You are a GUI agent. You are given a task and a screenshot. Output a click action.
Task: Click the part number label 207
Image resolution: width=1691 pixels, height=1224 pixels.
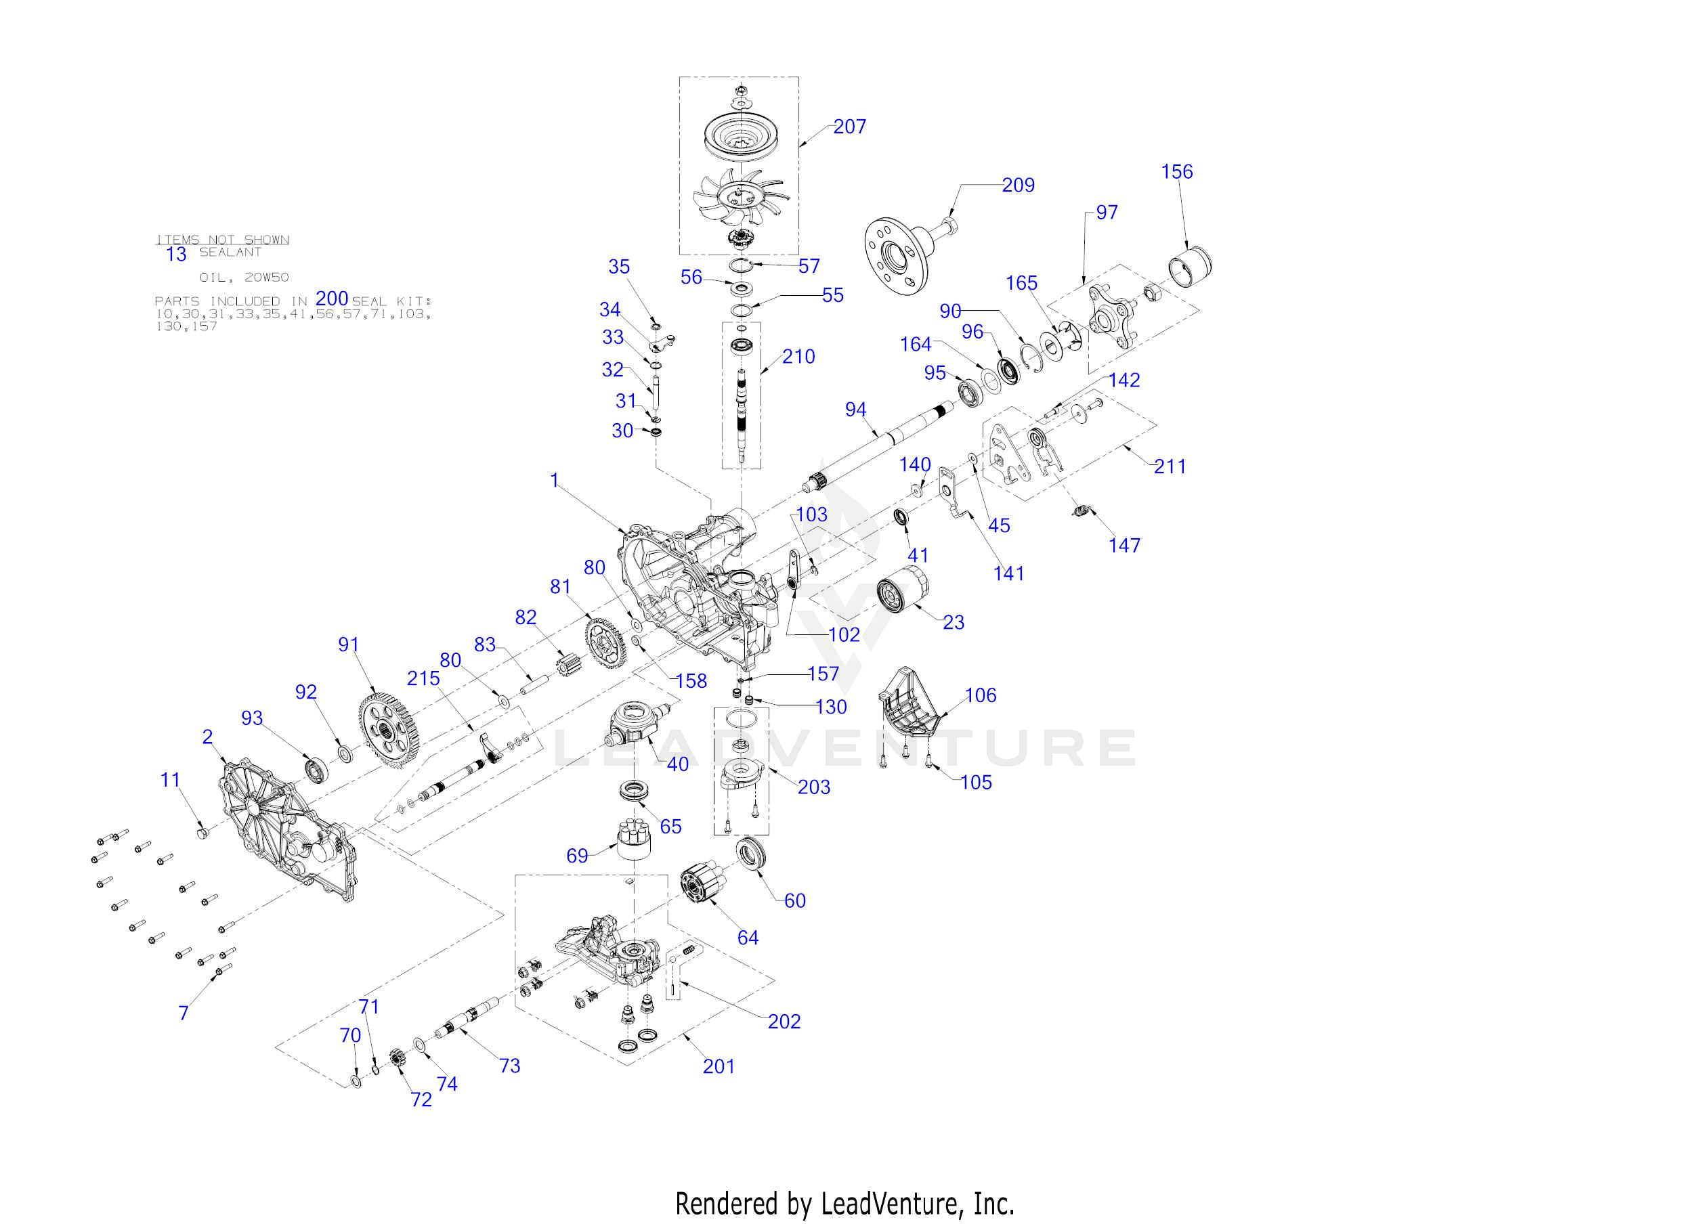(849, 127)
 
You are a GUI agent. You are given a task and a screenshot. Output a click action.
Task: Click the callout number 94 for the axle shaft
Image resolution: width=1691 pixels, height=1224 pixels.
(855, 410)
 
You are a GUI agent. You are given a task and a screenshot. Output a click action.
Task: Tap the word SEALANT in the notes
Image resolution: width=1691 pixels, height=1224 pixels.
(230, 253)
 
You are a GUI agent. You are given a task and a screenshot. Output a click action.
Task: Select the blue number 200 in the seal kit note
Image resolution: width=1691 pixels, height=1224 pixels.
(332, 299)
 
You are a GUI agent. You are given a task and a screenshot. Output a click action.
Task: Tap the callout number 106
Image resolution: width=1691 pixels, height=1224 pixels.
(980, 695)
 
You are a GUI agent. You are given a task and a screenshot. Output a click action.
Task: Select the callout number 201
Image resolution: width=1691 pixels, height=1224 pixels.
(719, 1067)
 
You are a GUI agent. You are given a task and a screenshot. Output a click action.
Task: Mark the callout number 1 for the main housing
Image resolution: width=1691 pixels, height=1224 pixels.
(554, 481)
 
